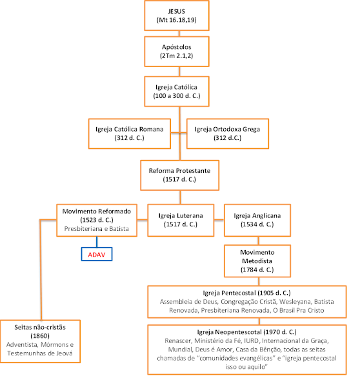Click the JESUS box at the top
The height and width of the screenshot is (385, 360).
(x=177, y=15)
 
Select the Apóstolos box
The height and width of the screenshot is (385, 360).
(x=177, y=52)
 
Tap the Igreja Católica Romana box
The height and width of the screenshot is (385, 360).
(x=130, y=133)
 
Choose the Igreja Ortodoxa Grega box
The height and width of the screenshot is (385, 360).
(x=228, y=133)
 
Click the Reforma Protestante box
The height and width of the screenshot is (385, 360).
(x=179, y=175)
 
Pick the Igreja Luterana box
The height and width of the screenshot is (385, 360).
(x=181, y=220)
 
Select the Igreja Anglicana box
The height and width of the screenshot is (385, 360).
(x=257, y=220)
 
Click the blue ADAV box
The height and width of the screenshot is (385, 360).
(x=97, y=254)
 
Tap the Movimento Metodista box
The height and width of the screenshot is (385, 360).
(x=257, y=261)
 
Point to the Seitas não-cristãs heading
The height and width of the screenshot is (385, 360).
(x=40, y=327)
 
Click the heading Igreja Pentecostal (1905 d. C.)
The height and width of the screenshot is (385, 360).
(x=246, y=293)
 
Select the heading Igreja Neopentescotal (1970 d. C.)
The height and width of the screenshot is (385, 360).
(x=246, y=332)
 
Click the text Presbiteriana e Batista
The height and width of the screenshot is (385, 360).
(x=97, y=228)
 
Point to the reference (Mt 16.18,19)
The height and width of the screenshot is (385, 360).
(x=177, y=20)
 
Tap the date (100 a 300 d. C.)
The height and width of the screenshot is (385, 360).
(x=177, y=95)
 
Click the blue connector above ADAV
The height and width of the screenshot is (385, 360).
(x=97, y=242)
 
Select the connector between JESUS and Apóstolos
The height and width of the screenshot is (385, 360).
(x=179, y=34)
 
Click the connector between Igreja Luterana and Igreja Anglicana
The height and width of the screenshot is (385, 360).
(x=219, y=220)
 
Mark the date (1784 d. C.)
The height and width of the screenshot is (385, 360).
(x=257, y=270)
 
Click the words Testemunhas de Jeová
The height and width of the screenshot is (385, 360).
(x=40, y=353)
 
